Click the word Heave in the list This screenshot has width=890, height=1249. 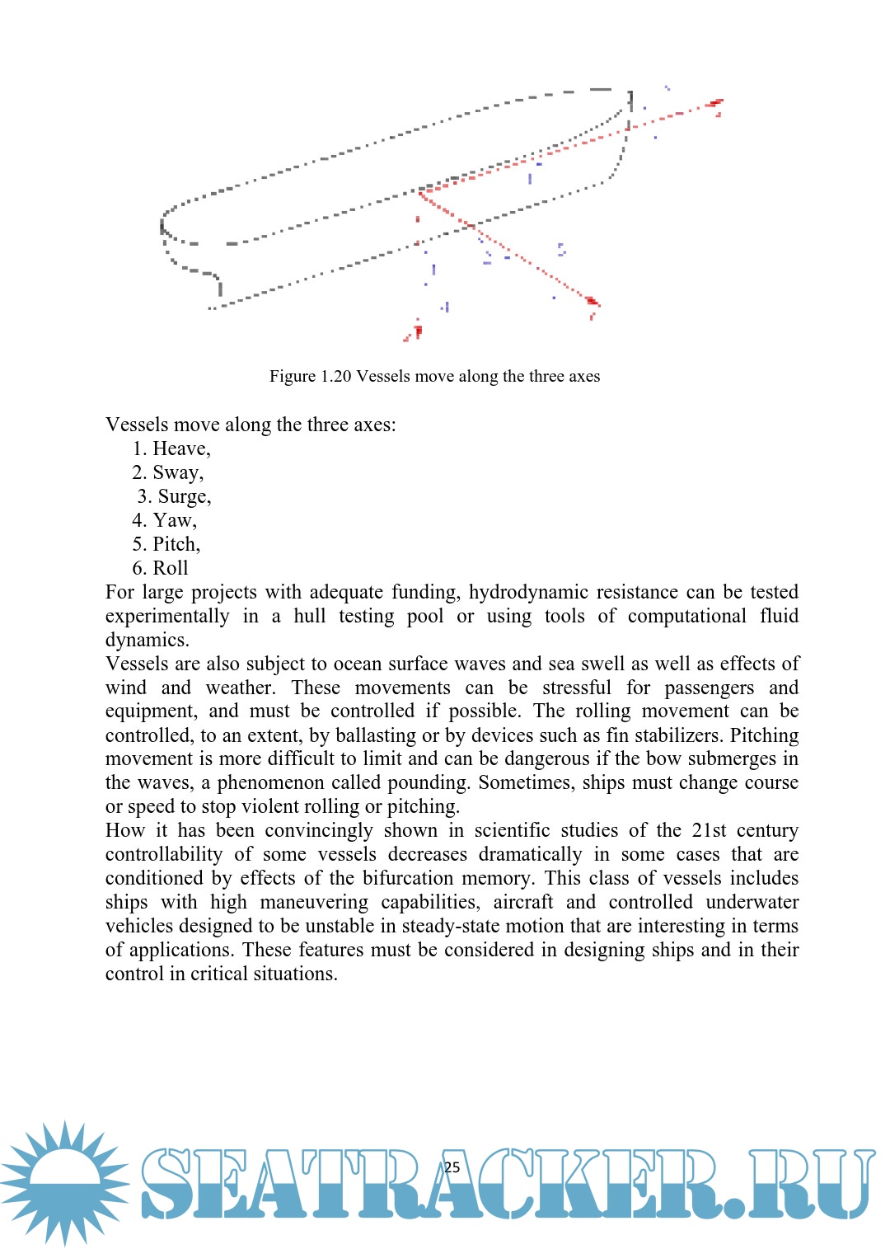click(x=180, y=448)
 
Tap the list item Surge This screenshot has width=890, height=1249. click(x=183, y=496)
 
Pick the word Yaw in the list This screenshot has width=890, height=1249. click(x=173, y=520)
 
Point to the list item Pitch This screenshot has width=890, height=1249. click(x=175, y=544)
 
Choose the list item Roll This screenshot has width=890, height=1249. click(x=171, y=568)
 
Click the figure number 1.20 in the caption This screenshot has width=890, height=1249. click(x=336, y=377)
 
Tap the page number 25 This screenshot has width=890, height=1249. click(x=452, y=1167)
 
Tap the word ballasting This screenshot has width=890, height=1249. click(x=377, y=735)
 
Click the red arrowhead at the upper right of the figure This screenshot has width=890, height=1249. click(x=715, y=104)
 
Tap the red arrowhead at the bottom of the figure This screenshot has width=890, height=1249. click(x=416, y=331)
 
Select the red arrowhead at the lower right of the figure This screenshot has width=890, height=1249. click(x=592, y=302)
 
